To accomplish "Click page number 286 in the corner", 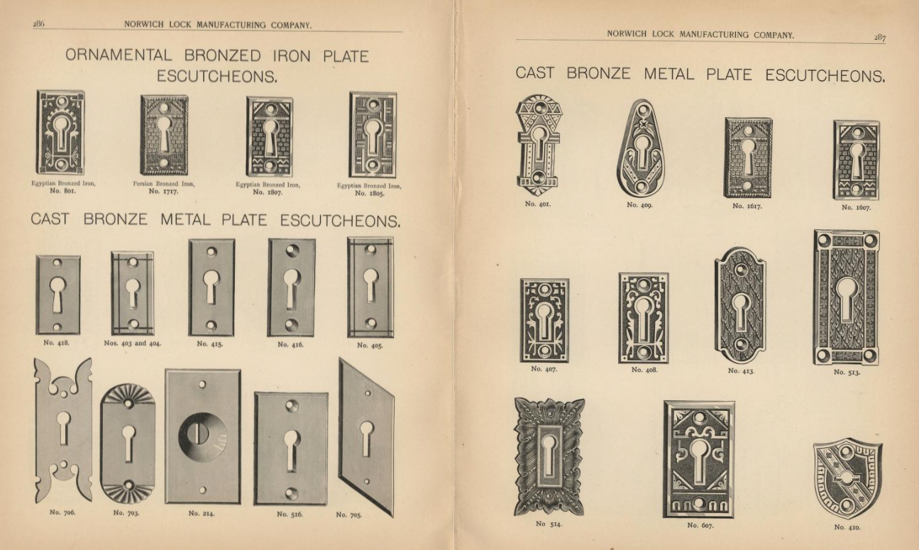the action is pyautogui.click(x=38, y=23).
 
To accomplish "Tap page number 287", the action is pyautogui.click(x=880, y=38).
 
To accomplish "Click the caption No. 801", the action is pyautogui.click(x=62, y=190).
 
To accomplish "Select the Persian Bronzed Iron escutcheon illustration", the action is pyautogui.click(x=164, y=136).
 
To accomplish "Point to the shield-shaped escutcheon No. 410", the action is pyautogui.click(x=847, y=478).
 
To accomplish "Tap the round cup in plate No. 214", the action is pyautogui.click(x=203, y=436).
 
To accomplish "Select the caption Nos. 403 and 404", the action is pyautogui.click(x=133, y=343).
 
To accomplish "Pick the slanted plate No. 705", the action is pyautogui.click(x=366, y=437).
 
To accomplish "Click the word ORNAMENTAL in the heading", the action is pyautogui.click(x=119, y=55).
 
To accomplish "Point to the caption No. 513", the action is pyautogui.click(x=847, y=373).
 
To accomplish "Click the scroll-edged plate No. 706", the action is pyautogui.click(x=63, y=430).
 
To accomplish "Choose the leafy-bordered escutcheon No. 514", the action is pyautogui.click(x=549, y=456).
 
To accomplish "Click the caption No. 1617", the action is pyautogui.click(x=747, y=206).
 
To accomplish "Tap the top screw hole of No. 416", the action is pyautogui.click(x=292, y=251).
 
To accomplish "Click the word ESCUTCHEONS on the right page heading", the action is pyautogui.click(x=825, y=76).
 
